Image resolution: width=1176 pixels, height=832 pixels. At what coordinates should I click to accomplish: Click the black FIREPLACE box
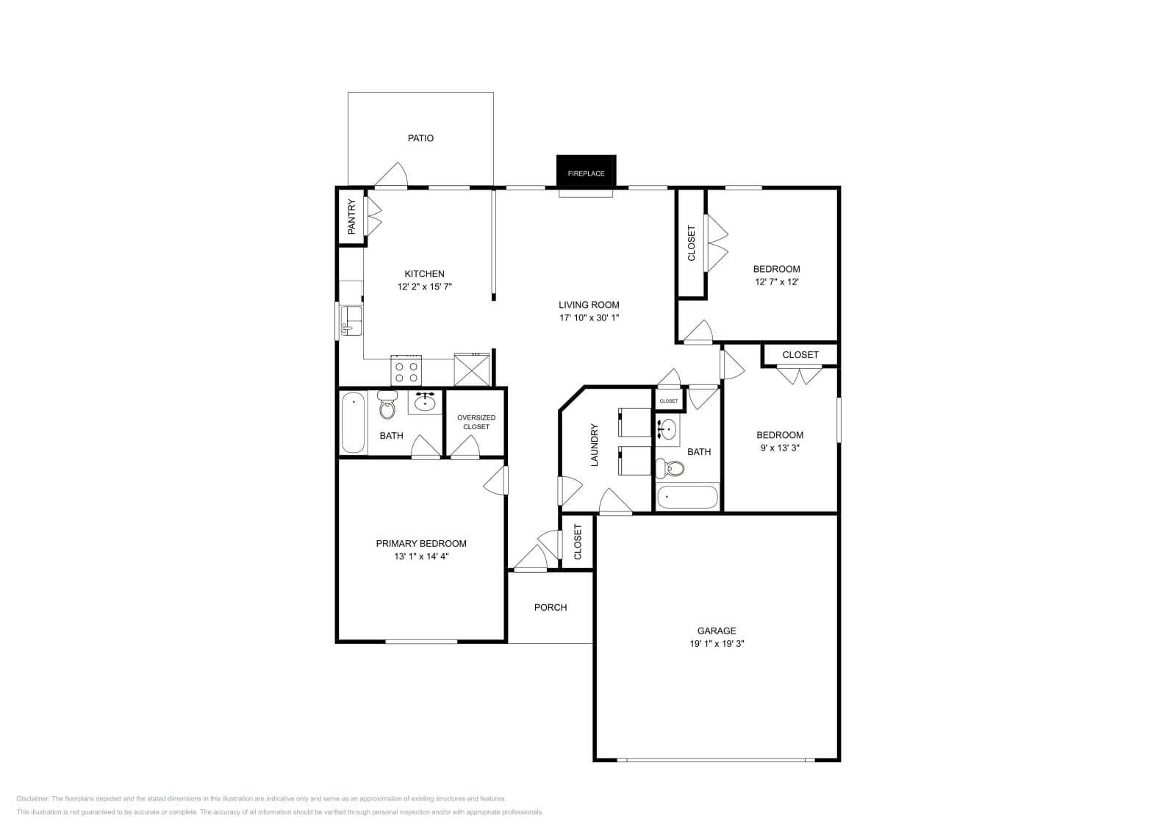tap(586, 172)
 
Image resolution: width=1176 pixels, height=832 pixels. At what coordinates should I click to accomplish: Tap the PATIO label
tap(420, 138)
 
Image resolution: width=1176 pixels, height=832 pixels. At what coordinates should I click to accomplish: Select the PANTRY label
tap(351, 216)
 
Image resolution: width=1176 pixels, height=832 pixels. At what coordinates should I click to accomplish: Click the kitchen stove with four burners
tap(406, 370)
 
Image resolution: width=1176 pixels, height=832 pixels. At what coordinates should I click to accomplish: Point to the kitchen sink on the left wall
tap(352, 321)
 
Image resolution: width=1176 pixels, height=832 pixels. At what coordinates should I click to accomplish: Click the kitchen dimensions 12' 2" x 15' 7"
tap(424, 287)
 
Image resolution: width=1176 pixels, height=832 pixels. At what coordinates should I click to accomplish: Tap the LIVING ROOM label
tap(589, 305)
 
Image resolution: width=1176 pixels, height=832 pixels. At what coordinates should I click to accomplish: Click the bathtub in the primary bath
tap(354, 423)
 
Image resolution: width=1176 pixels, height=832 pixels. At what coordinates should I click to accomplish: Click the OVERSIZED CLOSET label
tap(476, 422)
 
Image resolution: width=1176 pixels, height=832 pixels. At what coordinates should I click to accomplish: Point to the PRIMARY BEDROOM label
tap(421, 544)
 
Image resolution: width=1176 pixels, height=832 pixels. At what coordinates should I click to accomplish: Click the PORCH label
tap(551, 607)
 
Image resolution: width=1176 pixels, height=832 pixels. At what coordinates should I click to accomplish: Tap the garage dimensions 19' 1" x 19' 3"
tap(716, 643)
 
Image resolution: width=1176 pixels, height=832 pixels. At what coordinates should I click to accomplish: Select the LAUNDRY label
tap(595, 445)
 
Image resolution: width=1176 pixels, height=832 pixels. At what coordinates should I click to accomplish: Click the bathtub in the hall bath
tap(686, 497)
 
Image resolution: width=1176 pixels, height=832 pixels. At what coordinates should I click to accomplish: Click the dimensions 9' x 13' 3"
tap(779, 447)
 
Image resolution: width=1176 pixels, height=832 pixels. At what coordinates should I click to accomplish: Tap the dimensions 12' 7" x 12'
tap(776, 281)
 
